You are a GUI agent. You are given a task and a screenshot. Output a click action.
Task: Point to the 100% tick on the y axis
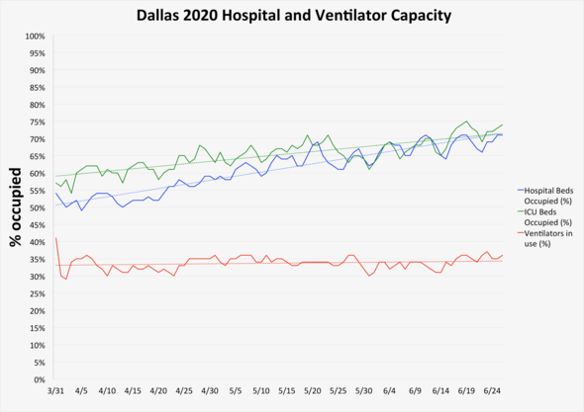[x=34, y=37]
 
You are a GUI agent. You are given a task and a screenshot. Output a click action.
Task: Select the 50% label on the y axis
[x=36, y=208]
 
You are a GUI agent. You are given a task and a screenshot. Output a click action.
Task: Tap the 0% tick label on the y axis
[x=39, y=379]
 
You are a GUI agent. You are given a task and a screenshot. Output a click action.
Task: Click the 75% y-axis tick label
[x=36, y=123]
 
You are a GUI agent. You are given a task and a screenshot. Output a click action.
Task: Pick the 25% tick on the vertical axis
[x=36, y=293]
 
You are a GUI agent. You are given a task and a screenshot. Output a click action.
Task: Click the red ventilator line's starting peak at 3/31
[x=56, y=238]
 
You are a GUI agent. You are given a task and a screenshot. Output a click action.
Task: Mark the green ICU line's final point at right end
[x=503, y=125]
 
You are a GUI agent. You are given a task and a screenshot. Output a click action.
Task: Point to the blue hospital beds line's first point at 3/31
[x=56, y=194]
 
